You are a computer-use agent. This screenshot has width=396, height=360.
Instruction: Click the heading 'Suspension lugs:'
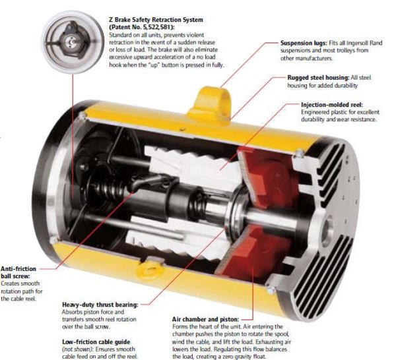304,43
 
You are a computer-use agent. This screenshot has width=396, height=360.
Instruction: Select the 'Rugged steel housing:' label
318,77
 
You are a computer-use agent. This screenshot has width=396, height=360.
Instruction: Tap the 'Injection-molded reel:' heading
332,104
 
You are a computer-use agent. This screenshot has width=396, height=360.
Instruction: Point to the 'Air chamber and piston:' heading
205,319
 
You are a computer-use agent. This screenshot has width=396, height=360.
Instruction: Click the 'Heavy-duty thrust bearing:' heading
100,305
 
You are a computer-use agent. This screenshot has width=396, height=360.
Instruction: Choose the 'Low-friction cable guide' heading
96,342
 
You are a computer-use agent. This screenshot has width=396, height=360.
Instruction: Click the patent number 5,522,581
154,27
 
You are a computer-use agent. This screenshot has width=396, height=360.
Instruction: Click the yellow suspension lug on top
210,103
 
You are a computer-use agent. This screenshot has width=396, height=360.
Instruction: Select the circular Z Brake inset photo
73,42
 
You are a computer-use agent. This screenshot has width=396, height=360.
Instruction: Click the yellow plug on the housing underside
150,270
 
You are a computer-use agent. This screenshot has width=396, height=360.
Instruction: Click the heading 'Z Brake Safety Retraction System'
156,19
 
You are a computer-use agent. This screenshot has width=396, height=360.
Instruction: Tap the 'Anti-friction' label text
18,268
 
